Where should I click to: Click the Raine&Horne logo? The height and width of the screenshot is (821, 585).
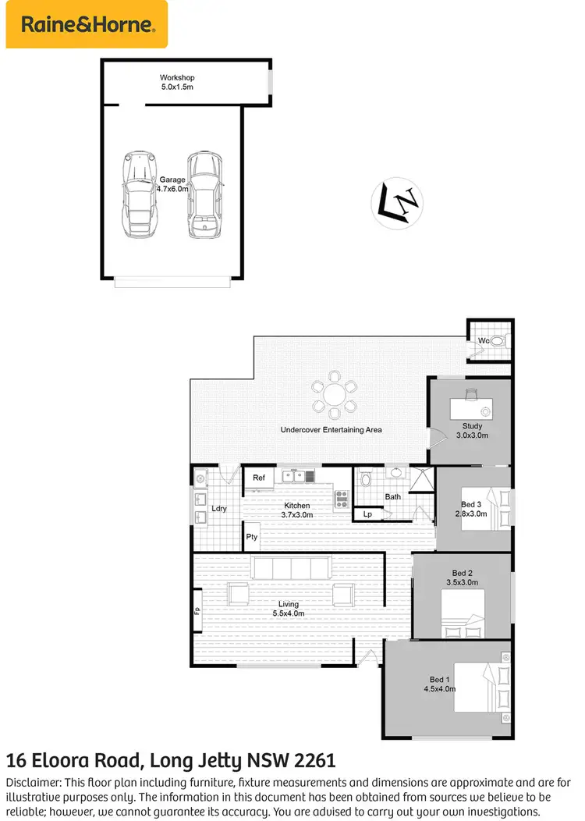(87, 24)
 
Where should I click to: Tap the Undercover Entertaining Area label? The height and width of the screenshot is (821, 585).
(331, 430)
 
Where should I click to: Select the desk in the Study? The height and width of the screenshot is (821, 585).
(472, 407)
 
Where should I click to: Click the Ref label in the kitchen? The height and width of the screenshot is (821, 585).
(259, 477)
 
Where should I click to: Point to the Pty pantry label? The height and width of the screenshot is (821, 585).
(252, 537)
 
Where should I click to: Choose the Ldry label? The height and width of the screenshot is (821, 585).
(219, 509)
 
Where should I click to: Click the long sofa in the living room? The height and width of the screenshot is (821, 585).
(290, 567)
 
